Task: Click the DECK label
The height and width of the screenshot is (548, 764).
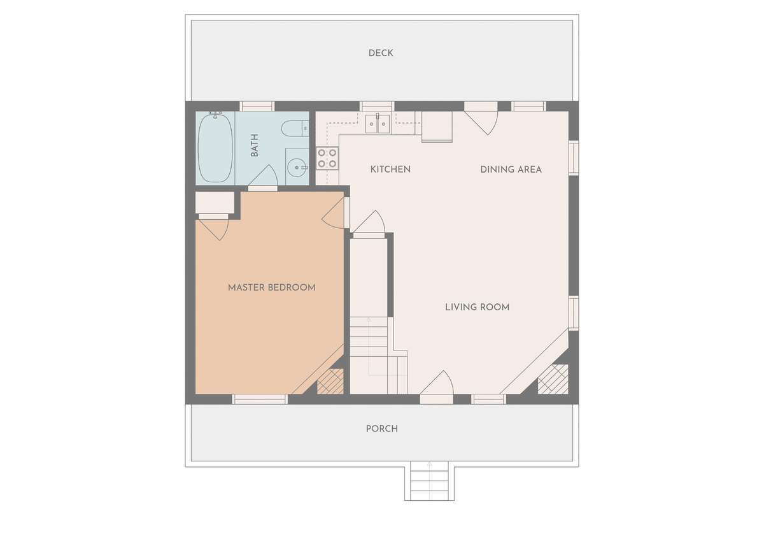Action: pos(381,54)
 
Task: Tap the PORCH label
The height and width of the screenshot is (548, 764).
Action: pos(381,429)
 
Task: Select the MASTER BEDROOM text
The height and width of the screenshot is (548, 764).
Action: pos(271,287)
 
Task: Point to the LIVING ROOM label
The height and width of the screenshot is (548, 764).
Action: pos(477,307)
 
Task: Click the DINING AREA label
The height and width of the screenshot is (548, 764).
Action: pos(511,169)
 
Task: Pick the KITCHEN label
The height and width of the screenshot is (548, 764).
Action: pos(390,169)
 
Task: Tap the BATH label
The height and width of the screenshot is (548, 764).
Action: pos(255,145)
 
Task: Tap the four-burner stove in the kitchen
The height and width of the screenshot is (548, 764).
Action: pos(327,159)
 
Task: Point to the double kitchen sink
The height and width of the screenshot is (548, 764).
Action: pos(377,124)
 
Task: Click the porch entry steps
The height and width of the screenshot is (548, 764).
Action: pos(429,480)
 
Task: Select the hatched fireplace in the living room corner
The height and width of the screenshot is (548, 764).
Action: pos(553,379)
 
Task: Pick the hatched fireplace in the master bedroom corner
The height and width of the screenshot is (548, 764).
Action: pos(330,381)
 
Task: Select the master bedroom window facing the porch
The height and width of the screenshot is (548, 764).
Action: pos(260,399)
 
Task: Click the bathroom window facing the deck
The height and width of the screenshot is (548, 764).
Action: pos(257,106)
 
